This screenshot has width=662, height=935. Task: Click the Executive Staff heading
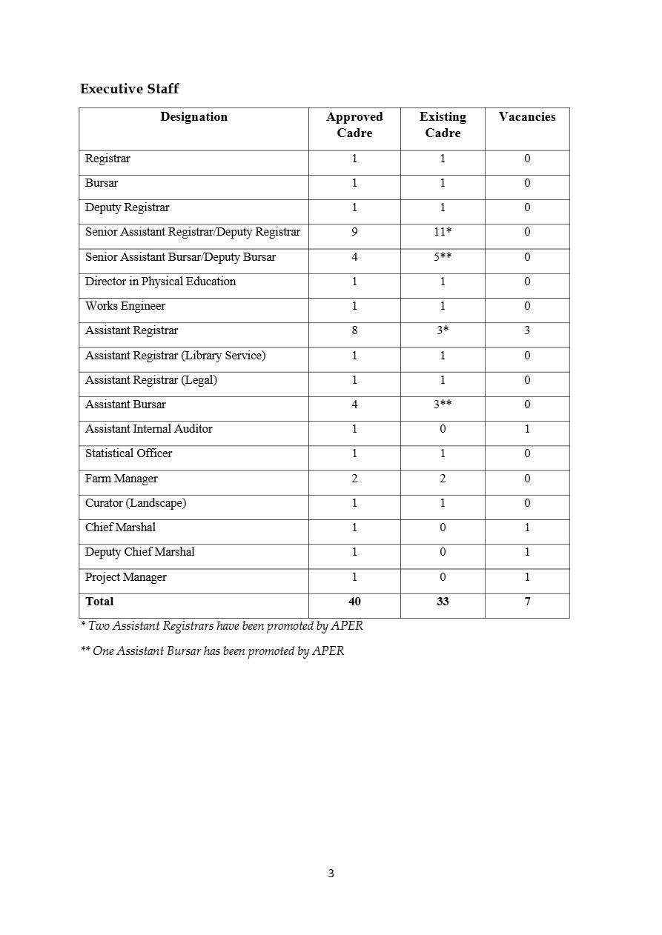[129, 89]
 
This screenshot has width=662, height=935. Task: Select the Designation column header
[193, 117]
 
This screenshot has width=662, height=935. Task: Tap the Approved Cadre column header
[354, 124]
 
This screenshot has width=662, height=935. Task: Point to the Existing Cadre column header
[443, 124]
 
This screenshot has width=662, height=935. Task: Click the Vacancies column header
[527, 117]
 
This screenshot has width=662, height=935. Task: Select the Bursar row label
[102, 183]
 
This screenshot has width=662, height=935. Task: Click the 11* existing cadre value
[443, 232]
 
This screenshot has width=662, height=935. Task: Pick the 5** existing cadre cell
[443, 257]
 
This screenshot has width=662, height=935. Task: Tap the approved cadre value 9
[354, 232]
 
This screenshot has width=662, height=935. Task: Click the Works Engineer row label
[125, 306]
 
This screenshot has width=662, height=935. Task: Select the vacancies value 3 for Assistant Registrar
[527, 330]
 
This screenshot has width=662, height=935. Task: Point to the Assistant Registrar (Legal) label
[151, 380]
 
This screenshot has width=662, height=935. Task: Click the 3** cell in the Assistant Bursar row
[443, 405]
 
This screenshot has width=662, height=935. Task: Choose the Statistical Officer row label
[129, 453]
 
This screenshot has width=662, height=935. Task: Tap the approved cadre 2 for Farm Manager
[354, 479]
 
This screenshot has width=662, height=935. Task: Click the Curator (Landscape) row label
[136, 503]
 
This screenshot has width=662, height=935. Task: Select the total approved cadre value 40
[354, 602]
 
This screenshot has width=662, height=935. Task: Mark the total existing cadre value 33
[443, 602]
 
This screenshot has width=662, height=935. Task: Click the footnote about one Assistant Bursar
[212, 651]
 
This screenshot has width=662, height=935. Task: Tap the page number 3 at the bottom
[331, 874]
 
